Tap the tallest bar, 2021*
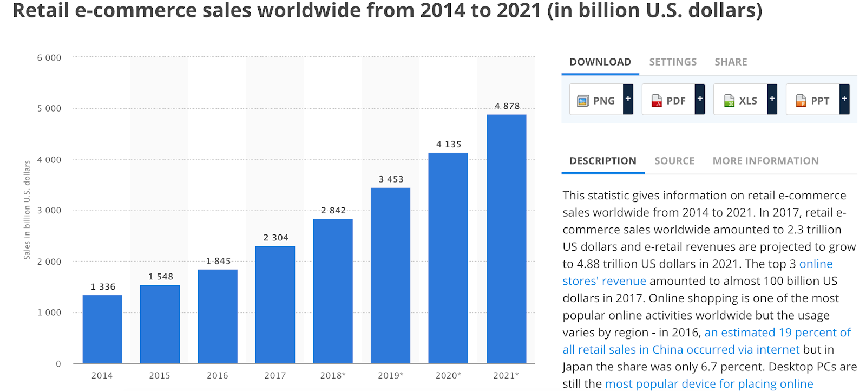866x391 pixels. point(506,238)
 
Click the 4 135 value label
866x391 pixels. point(449,145)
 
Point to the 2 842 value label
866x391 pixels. point(333,211)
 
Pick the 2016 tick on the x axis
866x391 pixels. point(218,375)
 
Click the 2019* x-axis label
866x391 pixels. point(390,375)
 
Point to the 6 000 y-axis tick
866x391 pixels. point(49,58)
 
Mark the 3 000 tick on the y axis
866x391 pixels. point(49,211)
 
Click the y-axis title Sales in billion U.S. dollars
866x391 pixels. point(27,210)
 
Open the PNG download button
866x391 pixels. point(597,100)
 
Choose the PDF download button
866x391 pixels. point(669,100)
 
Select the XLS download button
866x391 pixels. point(741,100)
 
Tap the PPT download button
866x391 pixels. point(813,100)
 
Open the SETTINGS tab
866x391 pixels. point(673,62)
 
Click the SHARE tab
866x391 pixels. point(731,62)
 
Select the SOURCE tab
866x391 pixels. point(674,161)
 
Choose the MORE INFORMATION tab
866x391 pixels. point(765,161)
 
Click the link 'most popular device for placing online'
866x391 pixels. point(709,384)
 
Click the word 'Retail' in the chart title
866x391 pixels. point(41,11)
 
